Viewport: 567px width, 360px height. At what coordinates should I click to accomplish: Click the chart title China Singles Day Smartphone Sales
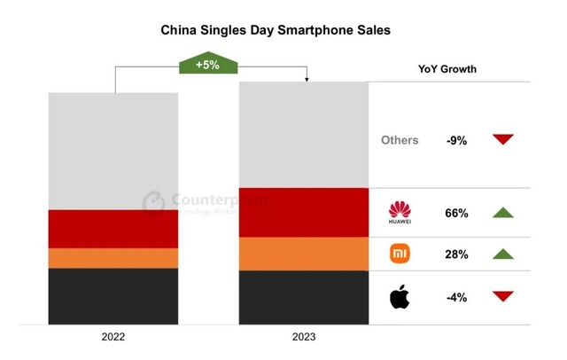point(275,30)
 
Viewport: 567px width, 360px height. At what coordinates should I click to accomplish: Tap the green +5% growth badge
point(208,64)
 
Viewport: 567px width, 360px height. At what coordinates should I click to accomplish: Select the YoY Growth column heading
point(447,68)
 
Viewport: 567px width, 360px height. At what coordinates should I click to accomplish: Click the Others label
point(400,140)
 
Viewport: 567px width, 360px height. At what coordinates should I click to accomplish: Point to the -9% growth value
point(457,140)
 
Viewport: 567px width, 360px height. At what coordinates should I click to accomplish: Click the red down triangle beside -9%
point(502,139)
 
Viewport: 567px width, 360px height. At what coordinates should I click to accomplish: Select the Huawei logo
point(400,212)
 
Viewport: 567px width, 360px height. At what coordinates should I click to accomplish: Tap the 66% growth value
point(457,213)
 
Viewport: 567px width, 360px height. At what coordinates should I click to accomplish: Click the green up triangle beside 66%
point(502,212)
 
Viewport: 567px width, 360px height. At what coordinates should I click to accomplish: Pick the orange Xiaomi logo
point(400,254)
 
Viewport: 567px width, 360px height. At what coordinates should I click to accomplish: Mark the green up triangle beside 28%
point(502,254)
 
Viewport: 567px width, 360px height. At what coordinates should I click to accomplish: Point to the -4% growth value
point(457,297)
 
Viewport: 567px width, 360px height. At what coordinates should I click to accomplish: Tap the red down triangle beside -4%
point(502,296)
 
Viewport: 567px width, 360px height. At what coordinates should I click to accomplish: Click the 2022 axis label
point(113,337)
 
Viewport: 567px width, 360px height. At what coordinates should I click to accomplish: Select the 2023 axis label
point(304,337)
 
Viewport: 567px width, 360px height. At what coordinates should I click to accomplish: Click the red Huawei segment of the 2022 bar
point(113,229)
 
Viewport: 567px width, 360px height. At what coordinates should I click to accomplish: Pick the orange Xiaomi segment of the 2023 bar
point(304,254)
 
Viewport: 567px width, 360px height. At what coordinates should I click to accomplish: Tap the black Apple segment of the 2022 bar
point(113,296)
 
